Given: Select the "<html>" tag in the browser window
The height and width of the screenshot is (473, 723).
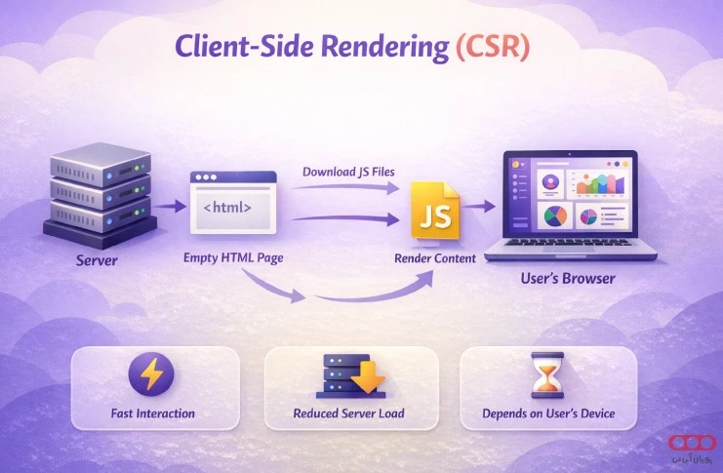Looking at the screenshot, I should (x=227, y=207).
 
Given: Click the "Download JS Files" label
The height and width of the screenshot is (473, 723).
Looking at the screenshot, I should (x=350, y=173).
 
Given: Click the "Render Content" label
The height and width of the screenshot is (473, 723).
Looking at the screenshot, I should (x=435, y=259).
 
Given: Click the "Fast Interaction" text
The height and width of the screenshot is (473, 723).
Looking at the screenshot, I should (x=153, y=414).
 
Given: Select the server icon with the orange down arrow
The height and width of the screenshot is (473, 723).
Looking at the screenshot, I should (x=347, y=375).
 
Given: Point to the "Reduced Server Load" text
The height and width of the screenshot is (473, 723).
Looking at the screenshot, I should (x=348, y=414).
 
